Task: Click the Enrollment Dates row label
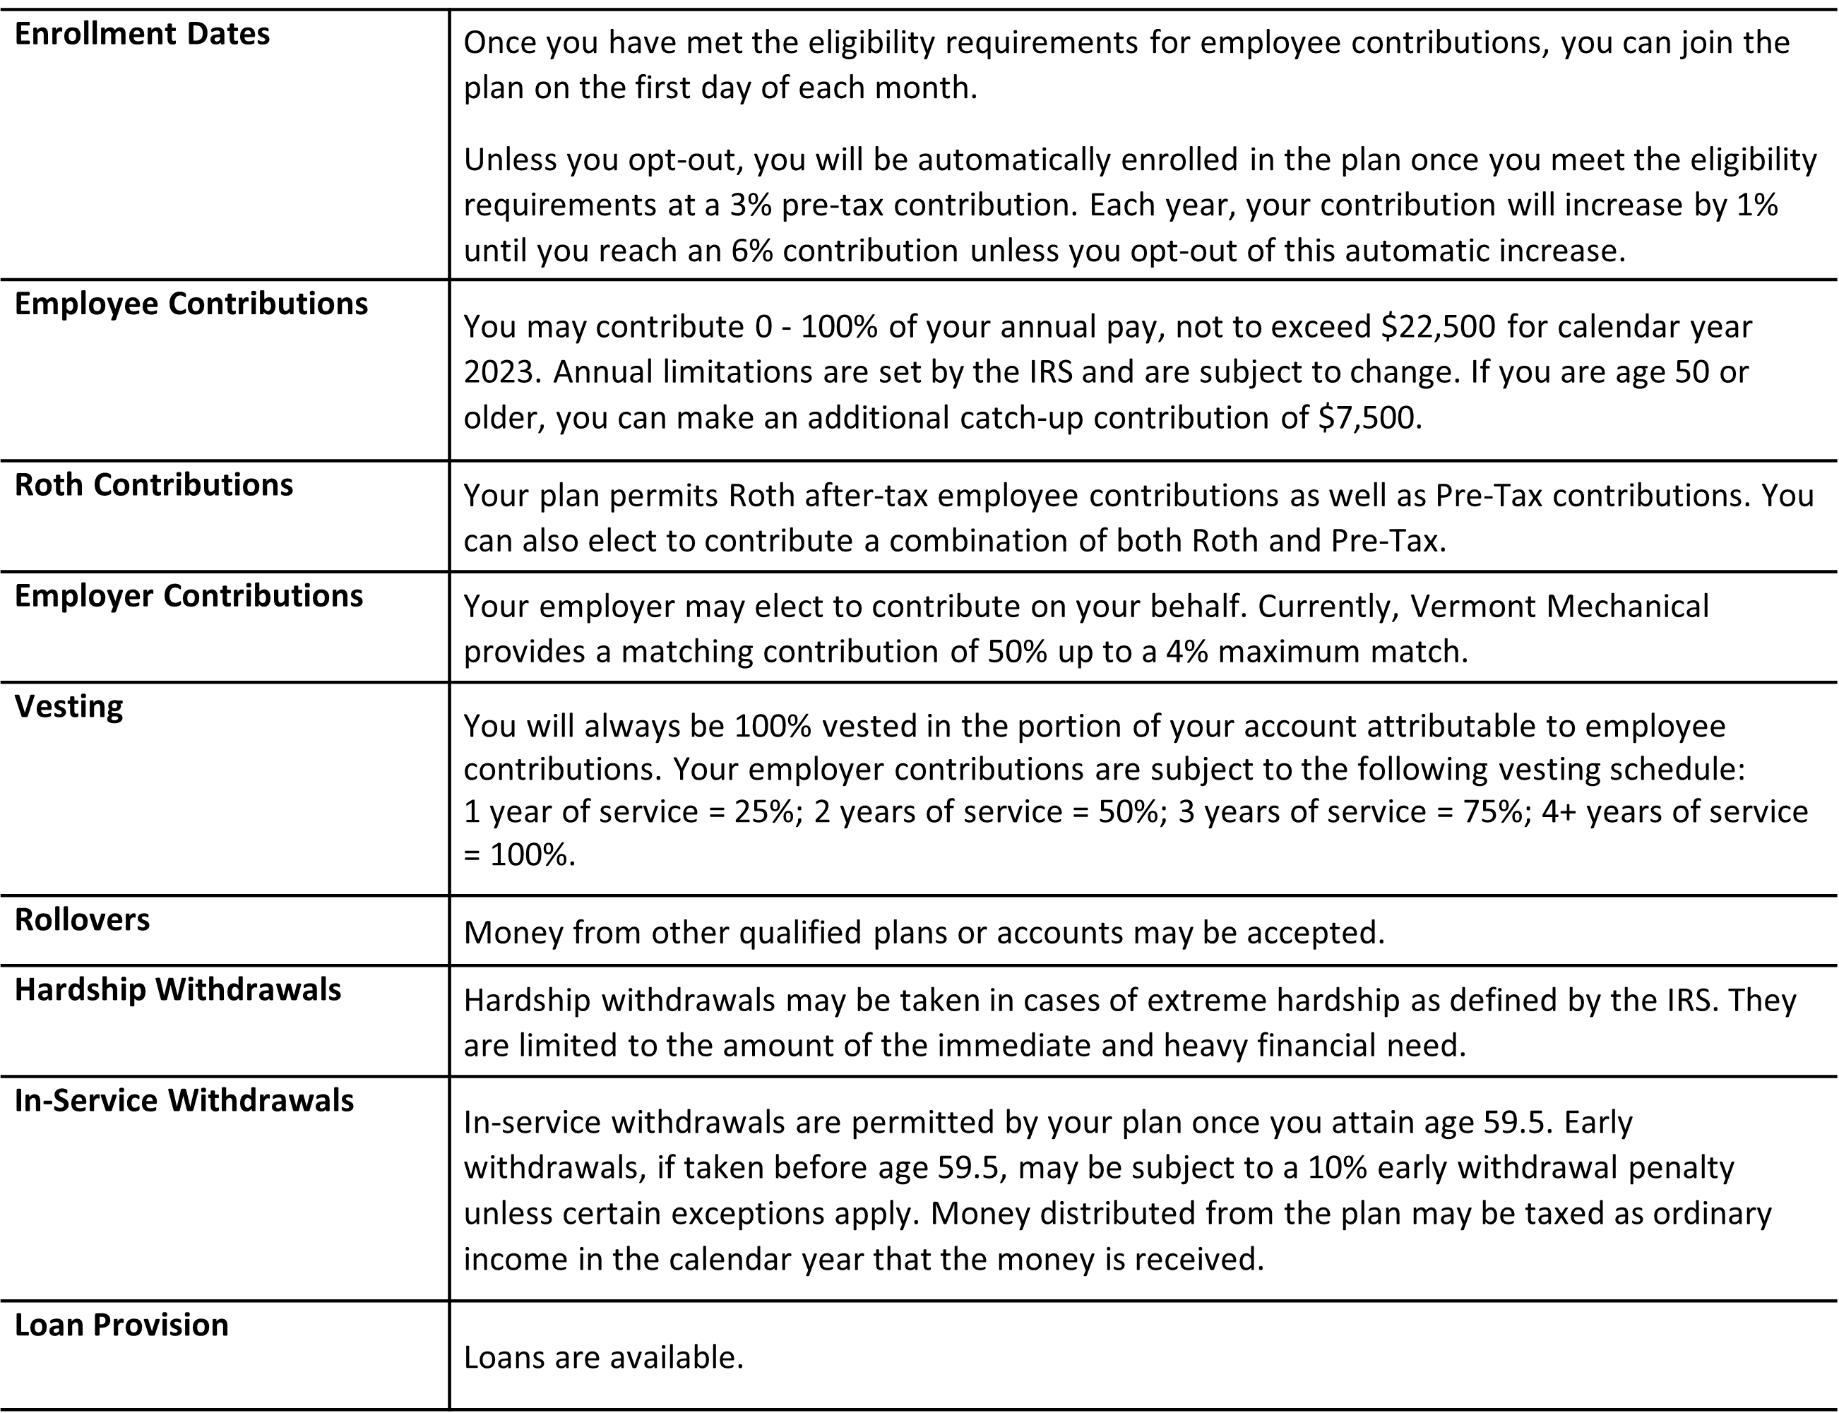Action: click(142, 35)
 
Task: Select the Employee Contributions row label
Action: click(191, 304)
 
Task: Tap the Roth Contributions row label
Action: click(154, 485)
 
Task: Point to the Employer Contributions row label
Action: click(189, 596)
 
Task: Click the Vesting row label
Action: click(69, 706)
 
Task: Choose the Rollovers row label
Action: click(83, 920)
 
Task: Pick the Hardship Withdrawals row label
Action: click(177, 990)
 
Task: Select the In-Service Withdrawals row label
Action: click(184, 1101)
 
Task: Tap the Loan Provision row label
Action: click(121, 1325)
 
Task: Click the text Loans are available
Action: click(603, 1357)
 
